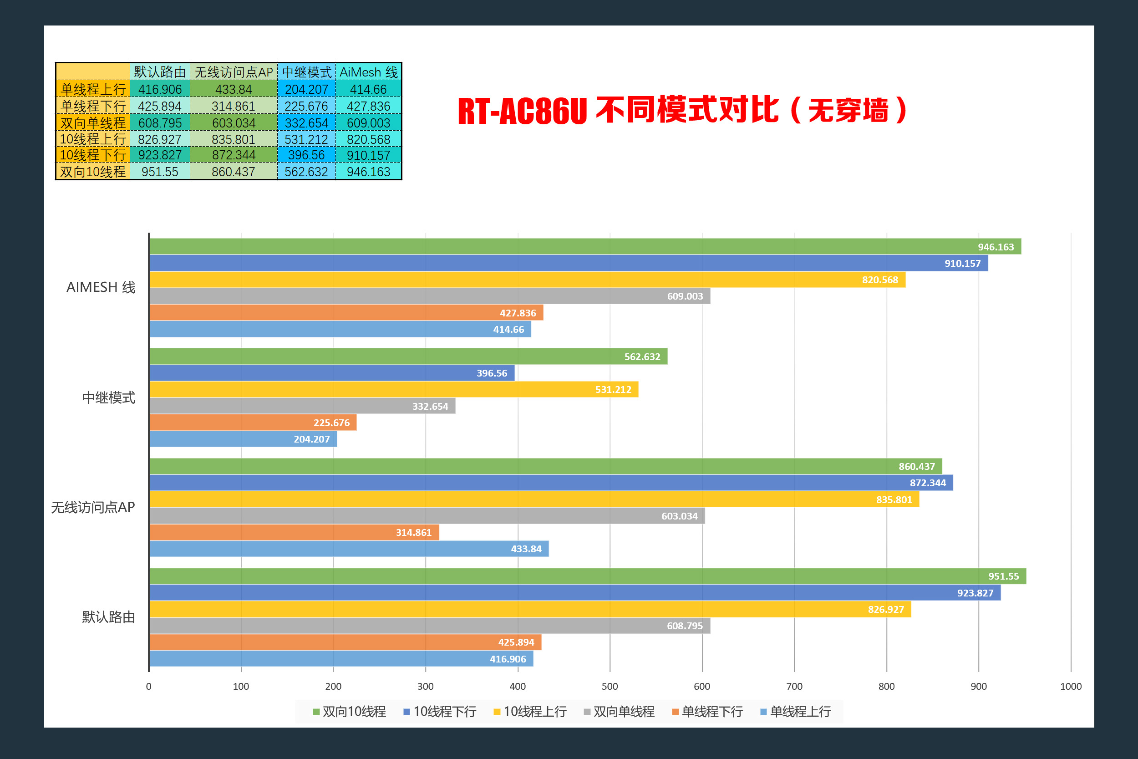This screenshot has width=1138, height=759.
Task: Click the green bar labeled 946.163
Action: tap(581, 246)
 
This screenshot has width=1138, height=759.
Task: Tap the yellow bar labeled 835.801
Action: tap(532, 499)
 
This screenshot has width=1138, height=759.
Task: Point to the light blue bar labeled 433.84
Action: tap(348, 549)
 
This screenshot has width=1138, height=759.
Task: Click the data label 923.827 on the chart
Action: tap(975, 593)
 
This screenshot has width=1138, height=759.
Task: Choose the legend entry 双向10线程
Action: tap(349, 712)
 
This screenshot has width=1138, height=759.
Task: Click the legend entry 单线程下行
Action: tap(707, 712)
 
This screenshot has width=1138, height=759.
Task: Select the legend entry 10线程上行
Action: tap(530, 712)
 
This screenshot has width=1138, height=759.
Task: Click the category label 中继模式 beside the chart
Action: tap(108, 398)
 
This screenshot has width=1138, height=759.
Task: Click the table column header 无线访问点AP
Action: tap(234, 72)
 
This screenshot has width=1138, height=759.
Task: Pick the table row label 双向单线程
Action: tap(93, 123)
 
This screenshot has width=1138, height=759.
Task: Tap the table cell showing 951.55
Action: tap(160, 172)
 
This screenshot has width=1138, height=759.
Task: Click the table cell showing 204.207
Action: tap(306, 90)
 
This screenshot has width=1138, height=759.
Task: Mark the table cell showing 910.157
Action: tap(368, 155)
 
